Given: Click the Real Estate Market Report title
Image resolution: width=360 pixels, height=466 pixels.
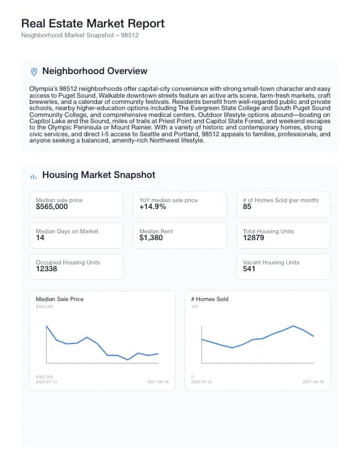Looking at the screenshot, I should coord(93,24).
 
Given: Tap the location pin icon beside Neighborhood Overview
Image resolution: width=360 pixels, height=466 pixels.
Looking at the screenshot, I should coord(34,72).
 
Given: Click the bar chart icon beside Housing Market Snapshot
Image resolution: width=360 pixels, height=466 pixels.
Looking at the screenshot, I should coord(34,176).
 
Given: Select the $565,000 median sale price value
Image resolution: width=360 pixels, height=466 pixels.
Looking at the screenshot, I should coord(52,207).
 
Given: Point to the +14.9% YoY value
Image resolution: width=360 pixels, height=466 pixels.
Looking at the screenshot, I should coord(152,207).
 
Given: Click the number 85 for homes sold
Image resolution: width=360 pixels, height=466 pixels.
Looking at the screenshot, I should coord(247,207).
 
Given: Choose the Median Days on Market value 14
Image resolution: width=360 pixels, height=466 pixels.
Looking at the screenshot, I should coord(40,238).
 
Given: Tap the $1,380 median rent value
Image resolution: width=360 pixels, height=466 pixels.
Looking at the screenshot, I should coord(151,238).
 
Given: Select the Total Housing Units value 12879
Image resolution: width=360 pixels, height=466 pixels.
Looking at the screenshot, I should coord(254,238).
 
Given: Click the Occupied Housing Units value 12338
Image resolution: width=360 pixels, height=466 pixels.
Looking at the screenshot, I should coord(47,269).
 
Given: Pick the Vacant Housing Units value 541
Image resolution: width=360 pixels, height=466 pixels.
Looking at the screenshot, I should coord(249,269).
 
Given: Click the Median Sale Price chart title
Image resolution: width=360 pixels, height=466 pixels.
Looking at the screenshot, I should coord(60,299).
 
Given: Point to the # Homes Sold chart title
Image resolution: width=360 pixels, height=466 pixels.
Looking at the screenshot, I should coord(210,299).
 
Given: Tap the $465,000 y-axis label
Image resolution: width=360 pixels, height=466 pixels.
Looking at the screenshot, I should coord(45,306).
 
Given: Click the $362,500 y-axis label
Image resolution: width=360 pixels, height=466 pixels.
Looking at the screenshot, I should coord(45,376).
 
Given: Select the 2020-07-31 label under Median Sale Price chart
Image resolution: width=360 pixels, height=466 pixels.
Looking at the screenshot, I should coord(47,381).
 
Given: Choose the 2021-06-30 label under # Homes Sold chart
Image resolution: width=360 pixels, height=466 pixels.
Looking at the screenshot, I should coord(314,381).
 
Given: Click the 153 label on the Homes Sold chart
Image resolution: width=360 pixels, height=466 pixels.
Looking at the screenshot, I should coord(194,306).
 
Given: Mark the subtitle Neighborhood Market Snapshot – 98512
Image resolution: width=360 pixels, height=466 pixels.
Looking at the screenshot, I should coord(80,35).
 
